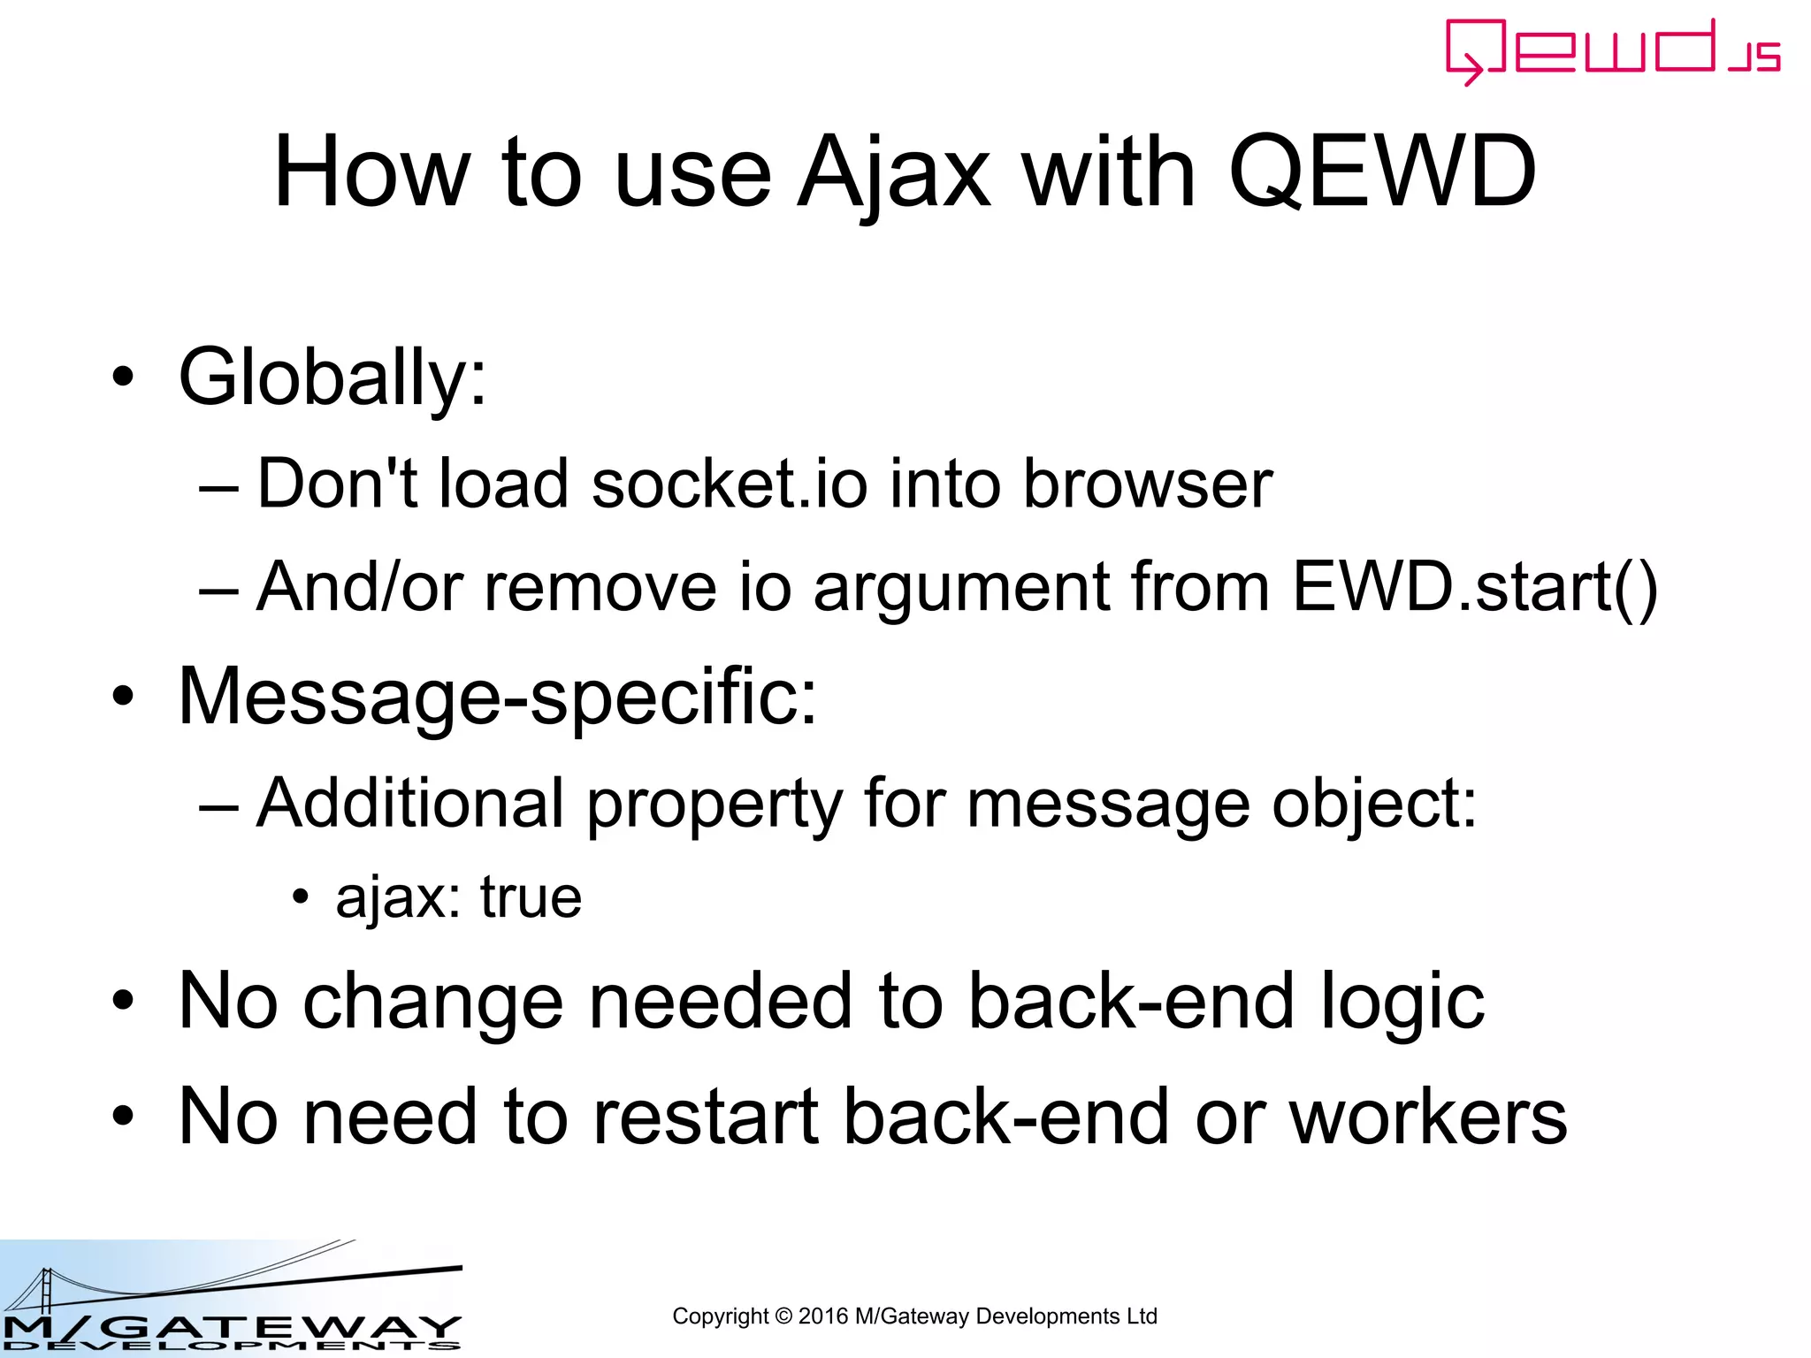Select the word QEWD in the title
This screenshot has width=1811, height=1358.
tap(1382, 172)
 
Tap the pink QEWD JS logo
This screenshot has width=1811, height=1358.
tap(1612, 51)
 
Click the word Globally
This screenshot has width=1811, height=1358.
tap(332, 378)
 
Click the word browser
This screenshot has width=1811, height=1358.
tap(1147, 484)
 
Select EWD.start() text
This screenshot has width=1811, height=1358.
tap(1474, 587)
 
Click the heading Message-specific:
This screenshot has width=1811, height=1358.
tap(498, 697)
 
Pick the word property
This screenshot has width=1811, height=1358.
tap(714, 805)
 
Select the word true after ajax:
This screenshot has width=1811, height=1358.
tap(531, 898)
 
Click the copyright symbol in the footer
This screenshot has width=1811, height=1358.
tap(783, 1316)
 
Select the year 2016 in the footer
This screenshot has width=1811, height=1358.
tap(822, 1316)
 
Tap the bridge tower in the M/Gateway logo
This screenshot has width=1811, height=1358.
tap(46, 1293)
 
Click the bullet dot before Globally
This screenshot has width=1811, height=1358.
tap(123, 378)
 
